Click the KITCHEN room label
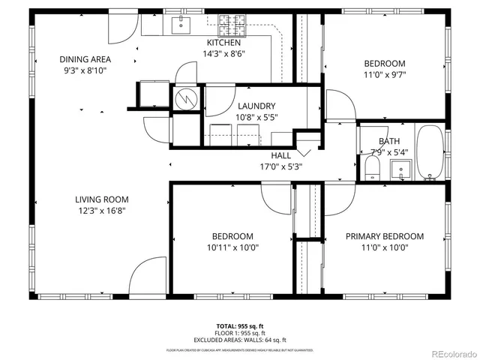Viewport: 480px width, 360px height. tap(225, 43)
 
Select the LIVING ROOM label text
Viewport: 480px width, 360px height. tap(101, 199)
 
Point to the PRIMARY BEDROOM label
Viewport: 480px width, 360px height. tap(384, 236)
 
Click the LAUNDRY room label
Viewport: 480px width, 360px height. tap(256, 106)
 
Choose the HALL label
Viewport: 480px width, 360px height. tap(281, 155)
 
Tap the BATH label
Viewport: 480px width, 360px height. tap(389, 141)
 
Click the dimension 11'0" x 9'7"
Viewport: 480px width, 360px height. tap(384, 75)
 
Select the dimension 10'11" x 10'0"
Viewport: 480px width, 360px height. tap(232, 247)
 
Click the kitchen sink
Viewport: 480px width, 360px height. tap(181, 25)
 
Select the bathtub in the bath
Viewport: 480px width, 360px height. tap(430, 154)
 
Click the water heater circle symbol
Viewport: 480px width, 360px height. tap(184, 97)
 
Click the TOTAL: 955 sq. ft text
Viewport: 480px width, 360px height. tap(239, 325)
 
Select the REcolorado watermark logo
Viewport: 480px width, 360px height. tap(451, 353)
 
